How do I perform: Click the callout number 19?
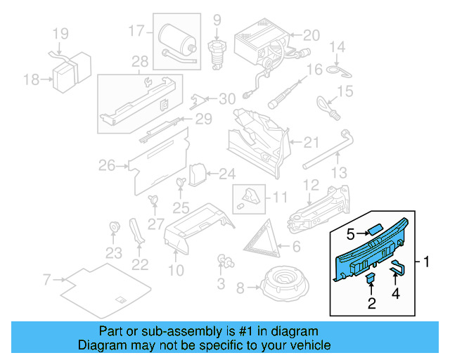[60, 33]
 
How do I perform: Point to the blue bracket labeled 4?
[397, 267]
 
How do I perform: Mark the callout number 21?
[311, 142]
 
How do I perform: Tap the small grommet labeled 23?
[113, 228]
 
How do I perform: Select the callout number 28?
[139, 62]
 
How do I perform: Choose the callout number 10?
[176, 270]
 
